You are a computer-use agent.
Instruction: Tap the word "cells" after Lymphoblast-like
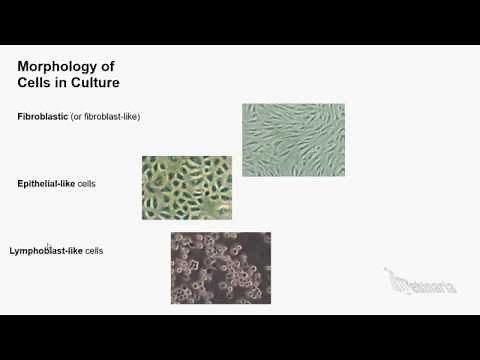tap(94, 250)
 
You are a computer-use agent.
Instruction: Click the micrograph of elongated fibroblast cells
tap(293, 139)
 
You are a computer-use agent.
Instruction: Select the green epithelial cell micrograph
tap(186, 187)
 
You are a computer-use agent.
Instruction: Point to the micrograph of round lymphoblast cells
tap(220, 267)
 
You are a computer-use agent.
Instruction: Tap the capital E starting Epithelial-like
tap(21, 184)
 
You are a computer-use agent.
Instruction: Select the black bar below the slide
tap(240, 337)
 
